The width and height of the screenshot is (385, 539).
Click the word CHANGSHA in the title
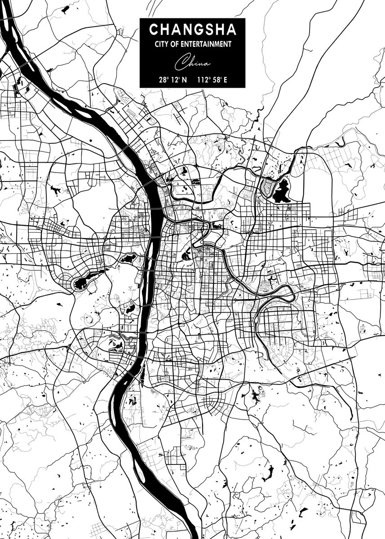[x=192, y=30]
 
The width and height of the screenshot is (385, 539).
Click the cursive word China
[x=192, y=62]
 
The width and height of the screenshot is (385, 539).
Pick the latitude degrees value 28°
[x=164, y=80]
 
